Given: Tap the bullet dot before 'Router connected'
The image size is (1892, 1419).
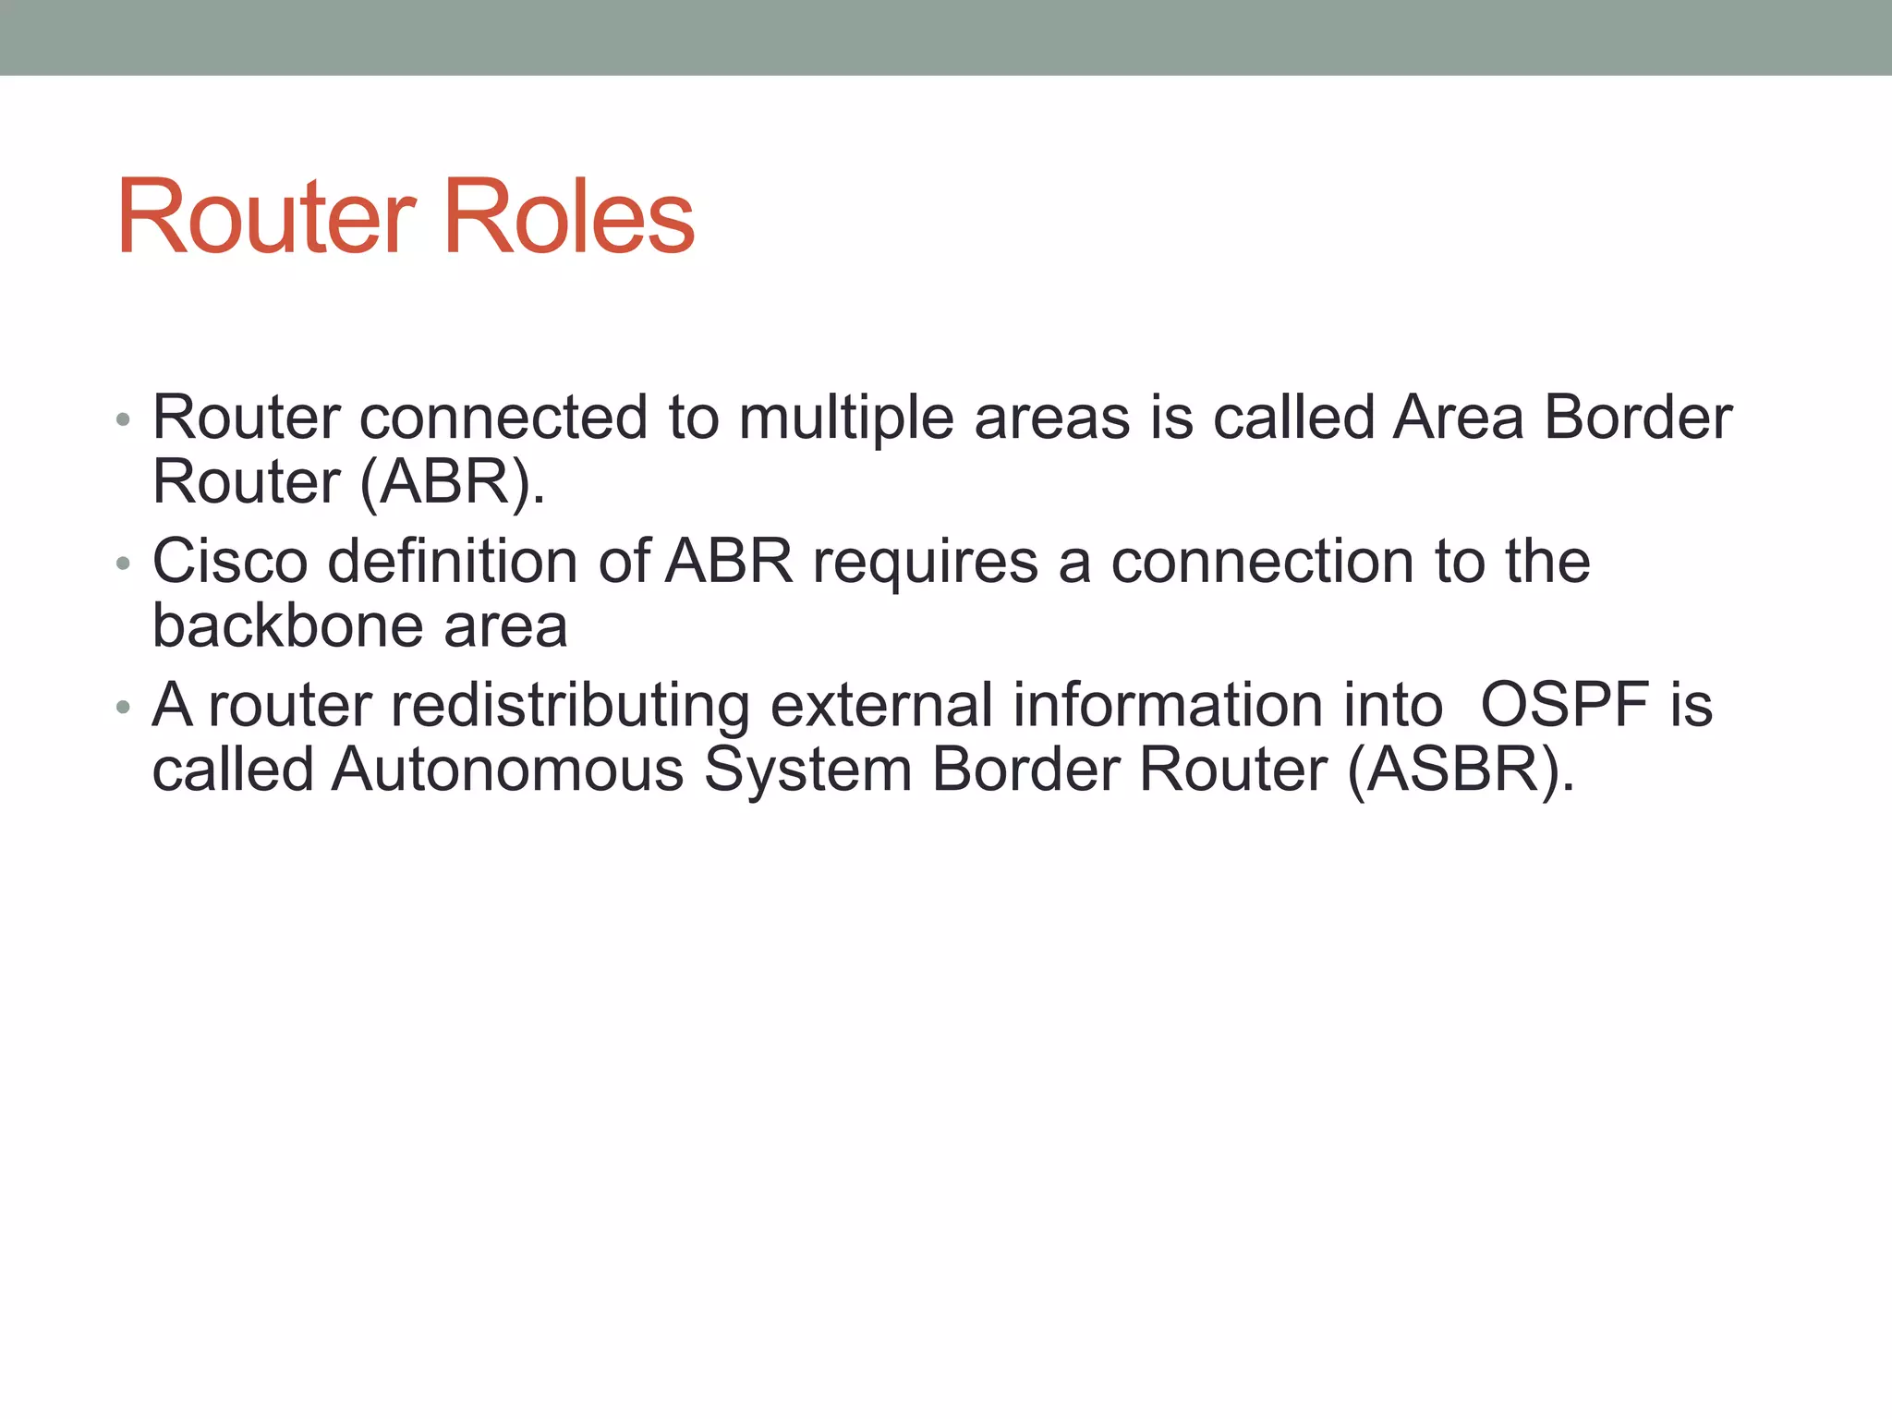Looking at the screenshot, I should (x=124, y=420).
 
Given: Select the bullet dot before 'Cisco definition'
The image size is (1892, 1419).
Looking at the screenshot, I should (x=124, y=564).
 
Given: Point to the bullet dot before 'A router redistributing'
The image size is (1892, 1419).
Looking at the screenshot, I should (x=124, y=708).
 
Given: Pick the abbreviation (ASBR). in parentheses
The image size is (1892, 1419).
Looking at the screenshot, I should (x=1461, y=770).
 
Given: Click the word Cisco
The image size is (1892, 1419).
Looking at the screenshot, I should (x=230, y=561).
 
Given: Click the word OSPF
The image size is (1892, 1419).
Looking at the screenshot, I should (x=1564, y=705).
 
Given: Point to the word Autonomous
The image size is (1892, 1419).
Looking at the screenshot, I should (x=507, y=770).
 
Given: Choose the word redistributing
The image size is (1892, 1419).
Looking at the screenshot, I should (x=570, y=707).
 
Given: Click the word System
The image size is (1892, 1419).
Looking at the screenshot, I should (x=807, y=771).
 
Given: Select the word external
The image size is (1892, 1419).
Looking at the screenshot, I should (x=880, y=705).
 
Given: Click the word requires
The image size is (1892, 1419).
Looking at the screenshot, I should (x=925, y=563).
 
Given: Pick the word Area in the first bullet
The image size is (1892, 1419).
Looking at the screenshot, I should (x=1458, y=418).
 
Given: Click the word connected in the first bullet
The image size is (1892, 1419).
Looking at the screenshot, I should (x=503, y=418).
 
